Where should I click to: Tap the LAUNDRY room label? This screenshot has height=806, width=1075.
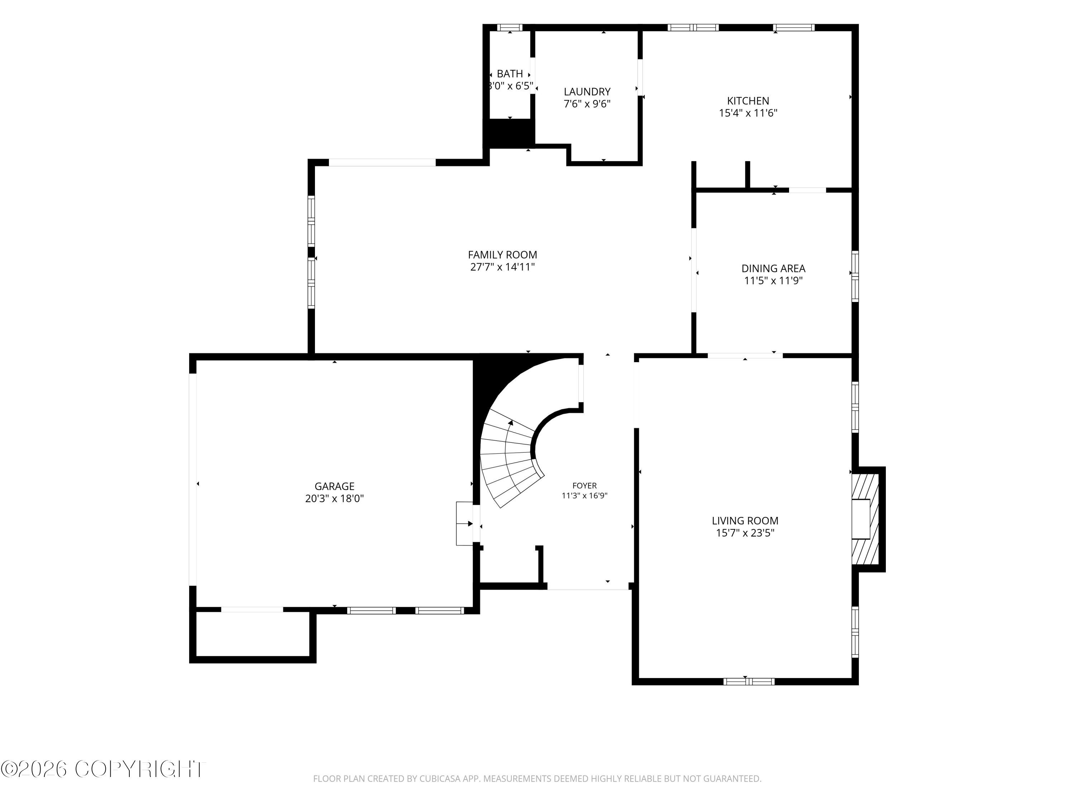pos(587,92)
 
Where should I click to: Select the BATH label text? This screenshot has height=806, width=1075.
pos(510,74)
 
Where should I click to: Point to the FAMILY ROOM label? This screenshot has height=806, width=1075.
pos(502,255)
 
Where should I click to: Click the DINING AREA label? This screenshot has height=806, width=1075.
pos(773,268)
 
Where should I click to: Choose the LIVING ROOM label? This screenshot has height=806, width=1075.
pos(745,521)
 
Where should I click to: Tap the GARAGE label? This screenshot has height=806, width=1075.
pos(334,486)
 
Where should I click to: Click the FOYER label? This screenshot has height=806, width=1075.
pos(585,485)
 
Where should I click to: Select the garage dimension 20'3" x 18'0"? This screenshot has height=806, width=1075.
pos(334,499)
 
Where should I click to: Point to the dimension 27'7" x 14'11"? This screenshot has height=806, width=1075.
pos(502,267)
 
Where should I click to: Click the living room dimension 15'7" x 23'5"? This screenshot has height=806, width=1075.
pos(745,533)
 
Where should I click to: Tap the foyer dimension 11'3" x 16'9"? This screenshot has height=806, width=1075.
pos(585,495)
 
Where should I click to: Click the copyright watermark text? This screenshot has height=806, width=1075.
pos(103,769)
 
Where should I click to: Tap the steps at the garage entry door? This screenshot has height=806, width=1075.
pos(465,524)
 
